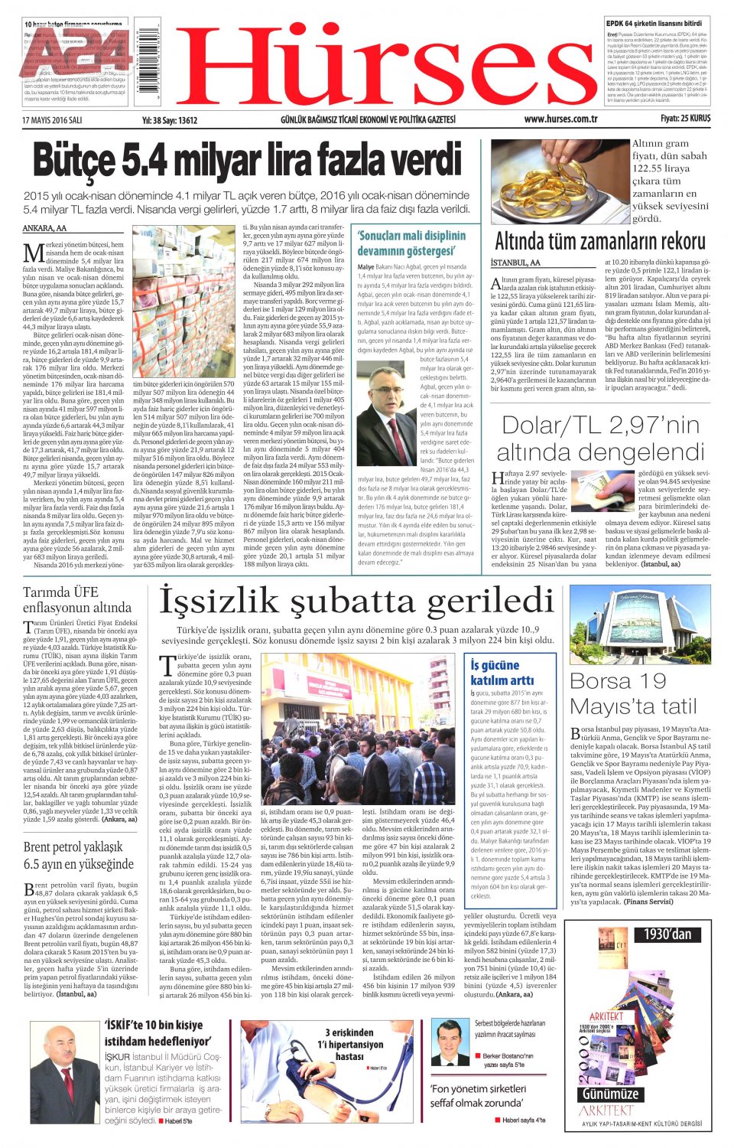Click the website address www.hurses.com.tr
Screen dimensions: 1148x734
pyautogui.click(x=560, y=119)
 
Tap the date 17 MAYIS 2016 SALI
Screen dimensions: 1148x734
pyautogui.click(x=52, y=120)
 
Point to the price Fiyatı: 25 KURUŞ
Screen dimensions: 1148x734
pyautogui.click(x=685, y=119)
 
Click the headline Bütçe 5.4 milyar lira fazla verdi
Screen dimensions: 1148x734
pyautogui.click(x=247, y=163)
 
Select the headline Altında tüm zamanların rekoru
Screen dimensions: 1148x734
pyautogui.click(x=600, y=242)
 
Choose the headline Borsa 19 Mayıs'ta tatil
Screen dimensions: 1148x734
pyautogui.click(x=634, y=693)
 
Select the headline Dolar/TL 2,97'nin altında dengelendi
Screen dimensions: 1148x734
pyautogui.click(x=600, y=439)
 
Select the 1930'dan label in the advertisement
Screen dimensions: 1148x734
pyautogui.click(x=667, y=934)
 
